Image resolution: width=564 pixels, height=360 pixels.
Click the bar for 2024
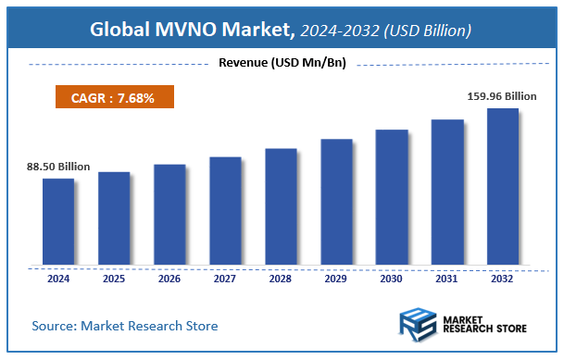pos(58,221)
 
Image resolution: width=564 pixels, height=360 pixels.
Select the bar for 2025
pos(114,217)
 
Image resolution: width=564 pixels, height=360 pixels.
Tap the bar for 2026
pos(169,214)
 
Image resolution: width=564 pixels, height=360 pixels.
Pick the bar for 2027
pos(225,210)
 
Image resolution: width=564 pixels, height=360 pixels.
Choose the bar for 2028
pos(281,205)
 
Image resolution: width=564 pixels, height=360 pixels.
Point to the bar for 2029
pos(336,201)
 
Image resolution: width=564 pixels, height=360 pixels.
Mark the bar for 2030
pos(392,196)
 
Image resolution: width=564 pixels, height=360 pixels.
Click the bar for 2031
pos(447,192)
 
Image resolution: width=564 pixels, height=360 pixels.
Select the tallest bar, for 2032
pos(503,186)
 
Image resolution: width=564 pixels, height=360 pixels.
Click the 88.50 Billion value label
pos(58,167)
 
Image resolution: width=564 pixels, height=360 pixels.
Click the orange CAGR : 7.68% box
pos(110,97)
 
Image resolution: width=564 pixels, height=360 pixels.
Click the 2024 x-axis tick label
pos(58,278)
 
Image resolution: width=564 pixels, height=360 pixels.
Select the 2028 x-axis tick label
pos(281,278)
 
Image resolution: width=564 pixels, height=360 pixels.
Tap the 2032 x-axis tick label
pos(503,278)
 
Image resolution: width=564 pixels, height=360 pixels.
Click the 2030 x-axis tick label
pos(392,278)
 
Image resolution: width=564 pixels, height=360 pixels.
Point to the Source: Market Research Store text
pos(125,326)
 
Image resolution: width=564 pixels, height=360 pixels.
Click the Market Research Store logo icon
pos(417,326)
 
